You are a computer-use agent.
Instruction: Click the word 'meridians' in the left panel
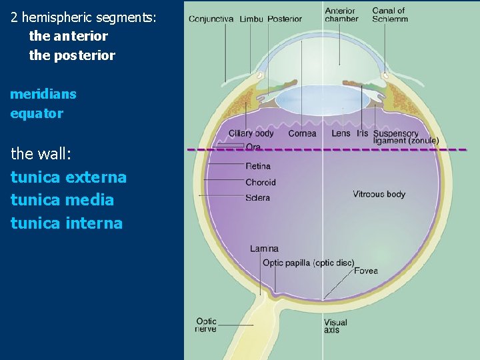pyautogui.click(x=43, y=94)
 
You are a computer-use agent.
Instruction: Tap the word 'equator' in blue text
pyautogui.click(x=37, y=113)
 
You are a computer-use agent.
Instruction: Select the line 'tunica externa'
pyautogui.click(x=69, y=177)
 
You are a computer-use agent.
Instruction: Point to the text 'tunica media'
pyautogui.click(x=62, y=199)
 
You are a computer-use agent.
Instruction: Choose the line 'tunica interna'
pyautogui.click(x=67, y=223)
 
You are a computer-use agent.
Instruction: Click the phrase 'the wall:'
pyautogui.click(x=41, y=154)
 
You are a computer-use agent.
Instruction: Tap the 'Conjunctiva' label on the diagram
pyautogui.click(x=211, y=19)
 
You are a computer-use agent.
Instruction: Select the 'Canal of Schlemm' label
pyautogui.click(x=389, y=15)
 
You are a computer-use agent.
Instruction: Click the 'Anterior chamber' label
pyautogui.click(x=341, y=15)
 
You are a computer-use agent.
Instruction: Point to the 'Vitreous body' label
pyautogui.click(x=379, y=194)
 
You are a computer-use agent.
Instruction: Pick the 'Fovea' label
pyautogui.click(x=366, y=271)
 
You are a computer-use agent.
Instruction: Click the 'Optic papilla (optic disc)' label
pyautogui.click(x=308, y=263)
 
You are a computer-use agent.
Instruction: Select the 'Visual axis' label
pyautogui.click(x=335, y=326)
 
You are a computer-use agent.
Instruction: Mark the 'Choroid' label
pyautogui.click(x=260, y=182)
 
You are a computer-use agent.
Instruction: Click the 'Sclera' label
pyautogui.click(x=257, y=197)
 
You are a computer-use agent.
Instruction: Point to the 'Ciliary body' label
pyautogui.click(x=251, y=133)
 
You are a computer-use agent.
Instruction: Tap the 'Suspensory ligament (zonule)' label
pyautogui.click(x=405, y=137)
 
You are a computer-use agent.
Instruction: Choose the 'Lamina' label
pyautogui.click(x=264, y=249)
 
